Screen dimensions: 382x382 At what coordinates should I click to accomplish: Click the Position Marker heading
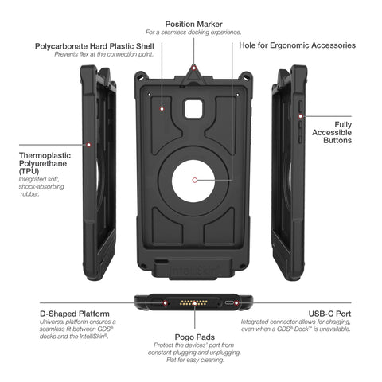[x=193, y=25]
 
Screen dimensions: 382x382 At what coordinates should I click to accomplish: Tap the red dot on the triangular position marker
[x=194, y=68]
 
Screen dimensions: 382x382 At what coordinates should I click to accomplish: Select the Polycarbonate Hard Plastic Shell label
[x=95, y=46]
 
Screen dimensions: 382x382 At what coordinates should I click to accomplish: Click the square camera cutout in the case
[x=193, y=109]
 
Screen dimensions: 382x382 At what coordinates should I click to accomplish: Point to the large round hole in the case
[x=193, y=181]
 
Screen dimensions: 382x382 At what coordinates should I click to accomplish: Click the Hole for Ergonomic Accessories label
[x=297, y=45]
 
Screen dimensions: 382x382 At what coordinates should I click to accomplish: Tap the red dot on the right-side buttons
[x=301, y=116]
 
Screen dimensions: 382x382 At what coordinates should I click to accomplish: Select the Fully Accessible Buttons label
[x=332, y=132]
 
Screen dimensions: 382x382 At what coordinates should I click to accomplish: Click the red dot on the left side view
[x=89, y=145]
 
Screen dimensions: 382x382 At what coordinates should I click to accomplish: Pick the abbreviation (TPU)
[x=29, y=171]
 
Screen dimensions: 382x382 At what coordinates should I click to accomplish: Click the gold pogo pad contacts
[x=193, y=302]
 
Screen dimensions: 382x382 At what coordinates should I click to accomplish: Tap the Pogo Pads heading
[x=195, y=337]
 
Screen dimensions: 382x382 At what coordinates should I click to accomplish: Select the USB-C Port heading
[x=329, y=314]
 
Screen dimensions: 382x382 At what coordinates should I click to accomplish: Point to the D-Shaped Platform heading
[x=75, y=314]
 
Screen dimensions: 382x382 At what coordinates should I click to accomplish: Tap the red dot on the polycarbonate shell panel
[x=162, y=109]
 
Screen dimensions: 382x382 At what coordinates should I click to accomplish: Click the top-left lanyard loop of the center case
[x=141, y=76]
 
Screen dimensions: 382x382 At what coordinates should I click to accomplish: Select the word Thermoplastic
[x=45, y=156]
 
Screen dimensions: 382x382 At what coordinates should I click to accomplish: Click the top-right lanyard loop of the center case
[x=246, y=76]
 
